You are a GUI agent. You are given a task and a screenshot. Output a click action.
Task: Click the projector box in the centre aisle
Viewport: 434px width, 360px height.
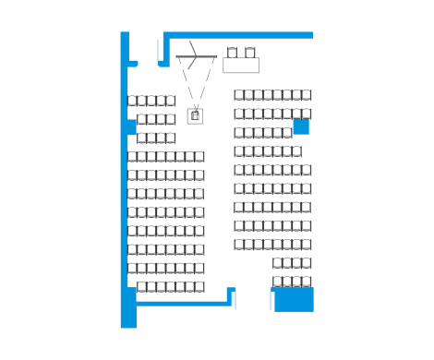click(x=195, y=115)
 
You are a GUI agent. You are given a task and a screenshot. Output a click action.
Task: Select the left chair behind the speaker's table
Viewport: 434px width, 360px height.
click(x=233, y=53)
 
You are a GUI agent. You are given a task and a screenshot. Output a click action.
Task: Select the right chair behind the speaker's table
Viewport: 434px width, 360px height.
click(x=250, y=53)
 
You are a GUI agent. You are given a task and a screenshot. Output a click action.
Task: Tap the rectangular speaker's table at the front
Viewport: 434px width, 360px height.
click(x=241, y=66)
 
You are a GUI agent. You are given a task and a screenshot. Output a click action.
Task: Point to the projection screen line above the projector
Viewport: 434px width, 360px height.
click(x=197, y=57)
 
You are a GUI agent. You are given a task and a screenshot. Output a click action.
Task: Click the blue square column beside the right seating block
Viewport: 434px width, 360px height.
click(x=301, y=127)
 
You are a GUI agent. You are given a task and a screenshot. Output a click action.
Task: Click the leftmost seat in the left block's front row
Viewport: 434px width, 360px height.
click(x=132, y=101)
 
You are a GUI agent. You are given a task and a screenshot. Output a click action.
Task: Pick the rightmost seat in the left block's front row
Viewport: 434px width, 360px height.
click(x=171, y=101)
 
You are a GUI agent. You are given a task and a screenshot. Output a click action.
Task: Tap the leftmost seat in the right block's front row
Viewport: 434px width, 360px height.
click(x=239, y=95)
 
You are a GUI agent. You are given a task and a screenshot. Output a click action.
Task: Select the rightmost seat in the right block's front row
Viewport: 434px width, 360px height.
click(x=307, y=95)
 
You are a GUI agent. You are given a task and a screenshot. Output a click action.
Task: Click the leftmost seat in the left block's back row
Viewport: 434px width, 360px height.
click(x=142, y=287)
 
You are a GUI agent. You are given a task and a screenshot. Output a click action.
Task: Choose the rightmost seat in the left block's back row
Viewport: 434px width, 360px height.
click(x=199, y=287)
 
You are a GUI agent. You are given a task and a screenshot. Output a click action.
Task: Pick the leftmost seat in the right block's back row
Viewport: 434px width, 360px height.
click(x=276, y=282)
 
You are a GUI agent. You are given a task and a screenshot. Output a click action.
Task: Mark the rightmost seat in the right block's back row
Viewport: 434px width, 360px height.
click(x=307, y=282)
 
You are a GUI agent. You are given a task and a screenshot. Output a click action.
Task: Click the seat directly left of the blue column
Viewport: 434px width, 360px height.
click(x=287, y=133)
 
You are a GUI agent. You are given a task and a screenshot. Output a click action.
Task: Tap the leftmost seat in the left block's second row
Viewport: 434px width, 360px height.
click(x=141, y=119)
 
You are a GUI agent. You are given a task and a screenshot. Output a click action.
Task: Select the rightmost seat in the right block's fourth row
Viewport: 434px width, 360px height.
click(x=296, y=151)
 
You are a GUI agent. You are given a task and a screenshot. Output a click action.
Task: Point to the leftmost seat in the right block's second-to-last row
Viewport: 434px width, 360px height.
click(x=276, y=263)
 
